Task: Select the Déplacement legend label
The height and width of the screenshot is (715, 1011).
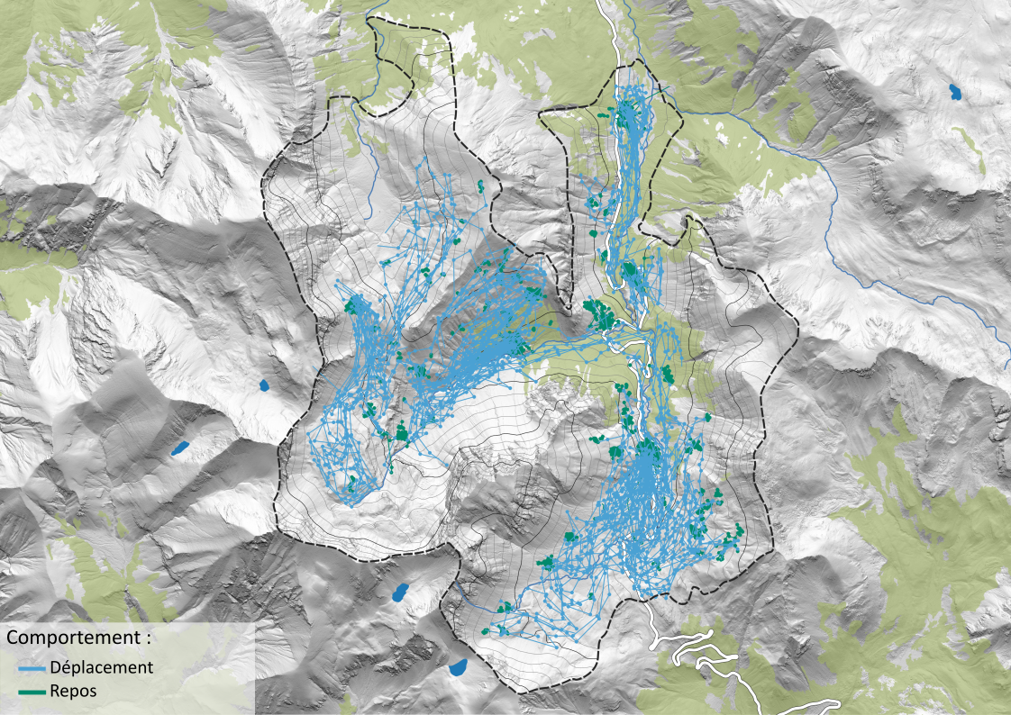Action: click(x=102, y=667)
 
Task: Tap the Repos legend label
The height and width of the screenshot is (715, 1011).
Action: click(x=73, y=691)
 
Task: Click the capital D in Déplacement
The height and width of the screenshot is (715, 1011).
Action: click(x=57, y=667)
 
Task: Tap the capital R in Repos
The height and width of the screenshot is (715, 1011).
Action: click(x=56, y=691)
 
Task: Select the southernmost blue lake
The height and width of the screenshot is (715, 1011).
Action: click(x=458, y=667)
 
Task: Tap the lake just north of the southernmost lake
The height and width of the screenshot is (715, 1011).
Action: click(x=401, y=592)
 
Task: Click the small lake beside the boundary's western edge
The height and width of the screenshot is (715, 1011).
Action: click(x=264, y=385)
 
